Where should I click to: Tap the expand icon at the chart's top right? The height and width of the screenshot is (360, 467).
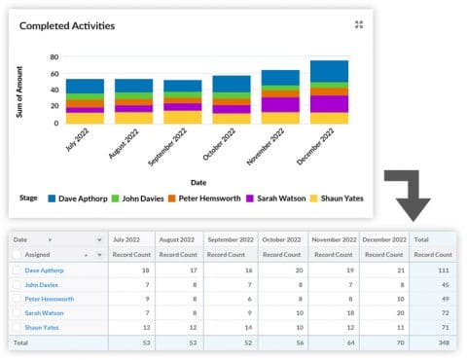click(359, 25)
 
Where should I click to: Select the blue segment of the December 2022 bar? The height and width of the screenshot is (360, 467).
click(329, 71)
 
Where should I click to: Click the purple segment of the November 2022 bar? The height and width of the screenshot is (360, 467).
click(280, 104)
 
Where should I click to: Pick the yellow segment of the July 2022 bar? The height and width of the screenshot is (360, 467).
click(85, 119)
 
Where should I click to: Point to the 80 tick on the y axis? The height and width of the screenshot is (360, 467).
click(54, 57)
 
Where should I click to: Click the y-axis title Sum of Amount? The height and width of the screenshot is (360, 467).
click(18, 90)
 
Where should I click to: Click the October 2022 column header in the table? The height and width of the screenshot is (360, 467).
click(281, 238)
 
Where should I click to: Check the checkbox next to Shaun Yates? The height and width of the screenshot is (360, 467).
click(17, 329)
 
